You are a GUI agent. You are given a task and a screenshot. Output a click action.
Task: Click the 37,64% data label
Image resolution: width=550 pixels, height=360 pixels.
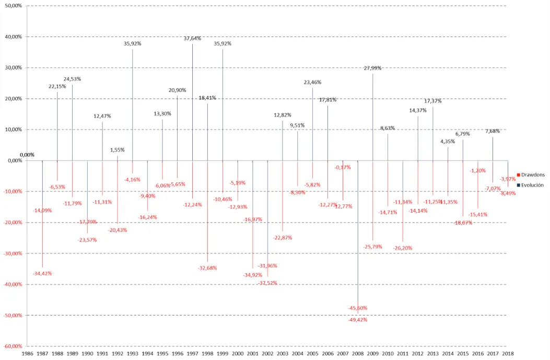point(192,38)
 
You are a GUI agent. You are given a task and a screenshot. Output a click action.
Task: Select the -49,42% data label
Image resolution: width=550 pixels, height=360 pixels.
point(358,320)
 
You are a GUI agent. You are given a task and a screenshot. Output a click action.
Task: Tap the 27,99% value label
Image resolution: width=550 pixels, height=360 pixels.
point(373,68)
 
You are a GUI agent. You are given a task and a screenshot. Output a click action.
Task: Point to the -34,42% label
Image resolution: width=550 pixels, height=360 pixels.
point(42,273)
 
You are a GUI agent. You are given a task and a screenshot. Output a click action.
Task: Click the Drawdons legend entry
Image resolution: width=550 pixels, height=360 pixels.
point(532,175)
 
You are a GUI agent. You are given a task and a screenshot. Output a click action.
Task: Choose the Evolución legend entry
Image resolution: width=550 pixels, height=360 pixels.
point(532,185)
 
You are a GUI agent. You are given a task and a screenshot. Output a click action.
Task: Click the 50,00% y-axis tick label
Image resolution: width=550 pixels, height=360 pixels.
point(14,6)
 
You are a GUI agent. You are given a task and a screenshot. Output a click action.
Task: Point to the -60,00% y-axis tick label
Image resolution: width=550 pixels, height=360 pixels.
point(13,346)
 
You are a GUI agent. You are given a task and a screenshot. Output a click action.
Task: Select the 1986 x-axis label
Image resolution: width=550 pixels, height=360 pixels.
point(28,354)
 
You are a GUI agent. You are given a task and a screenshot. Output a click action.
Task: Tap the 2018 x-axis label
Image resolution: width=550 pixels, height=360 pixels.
point(508,354)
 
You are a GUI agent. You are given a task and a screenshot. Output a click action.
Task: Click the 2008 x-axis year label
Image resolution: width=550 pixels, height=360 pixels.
point(358,354)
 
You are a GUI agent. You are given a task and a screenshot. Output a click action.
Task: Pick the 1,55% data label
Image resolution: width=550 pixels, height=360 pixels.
point(118,150)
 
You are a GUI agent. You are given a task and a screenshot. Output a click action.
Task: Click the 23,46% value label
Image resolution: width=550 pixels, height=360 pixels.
point(312,82)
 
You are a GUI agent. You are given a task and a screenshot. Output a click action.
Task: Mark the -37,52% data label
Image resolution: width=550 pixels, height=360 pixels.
point(267,283)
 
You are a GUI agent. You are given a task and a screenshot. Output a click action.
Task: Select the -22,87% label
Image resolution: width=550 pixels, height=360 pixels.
point(283,238)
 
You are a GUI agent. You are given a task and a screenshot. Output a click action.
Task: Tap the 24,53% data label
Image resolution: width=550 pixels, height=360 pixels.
point(72,79)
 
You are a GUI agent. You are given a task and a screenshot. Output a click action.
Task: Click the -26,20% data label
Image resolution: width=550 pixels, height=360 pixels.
point(403,248)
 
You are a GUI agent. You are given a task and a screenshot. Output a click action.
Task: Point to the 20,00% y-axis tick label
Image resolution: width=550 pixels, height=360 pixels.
point(14,99)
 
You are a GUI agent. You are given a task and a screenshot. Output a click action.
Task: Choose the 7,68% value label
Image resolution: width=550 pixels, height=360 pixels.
point(493,131)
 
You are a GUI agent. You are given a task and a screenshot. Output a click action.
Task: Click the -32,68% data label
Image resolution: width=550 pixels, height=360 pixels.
point(207,268)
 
